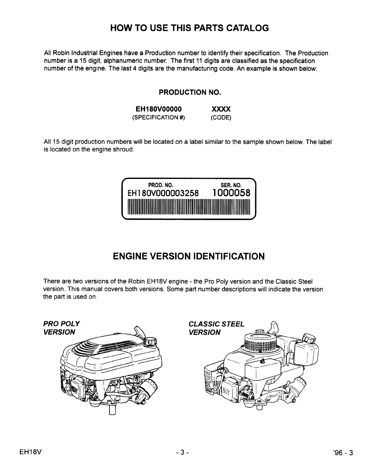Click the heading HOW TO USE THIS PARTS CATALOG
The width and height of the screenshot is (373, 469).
pos(189,28)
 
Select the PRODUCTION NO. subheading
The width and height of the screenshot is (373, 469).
pos(190,93)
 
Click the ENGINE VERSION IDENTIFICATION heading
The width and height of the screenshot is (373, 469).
pos(189,256)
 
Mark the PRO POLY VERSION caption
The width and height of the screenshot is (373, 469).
pos(61,328)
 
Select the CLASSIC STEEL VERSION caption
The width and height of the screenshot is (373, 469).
pos(216,328)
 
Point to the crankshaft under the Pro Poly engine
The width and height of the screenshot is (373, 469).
pos(112,410)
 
